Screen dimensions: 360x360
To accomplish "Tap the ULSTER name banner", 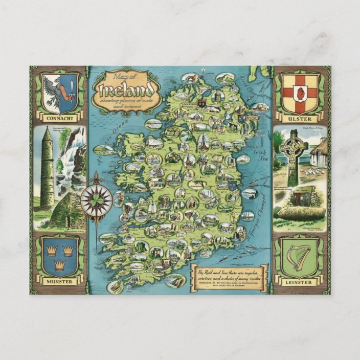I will click(x=301, y=119).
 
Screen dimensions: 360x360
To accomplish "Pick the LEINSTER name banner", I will click(x=300, y=281).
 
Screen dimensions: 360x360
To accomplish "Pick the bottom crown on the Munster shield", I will click(x=59, y=264).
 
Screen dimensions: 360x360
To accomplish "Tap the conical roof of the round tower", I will click(x=46, y=134).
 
